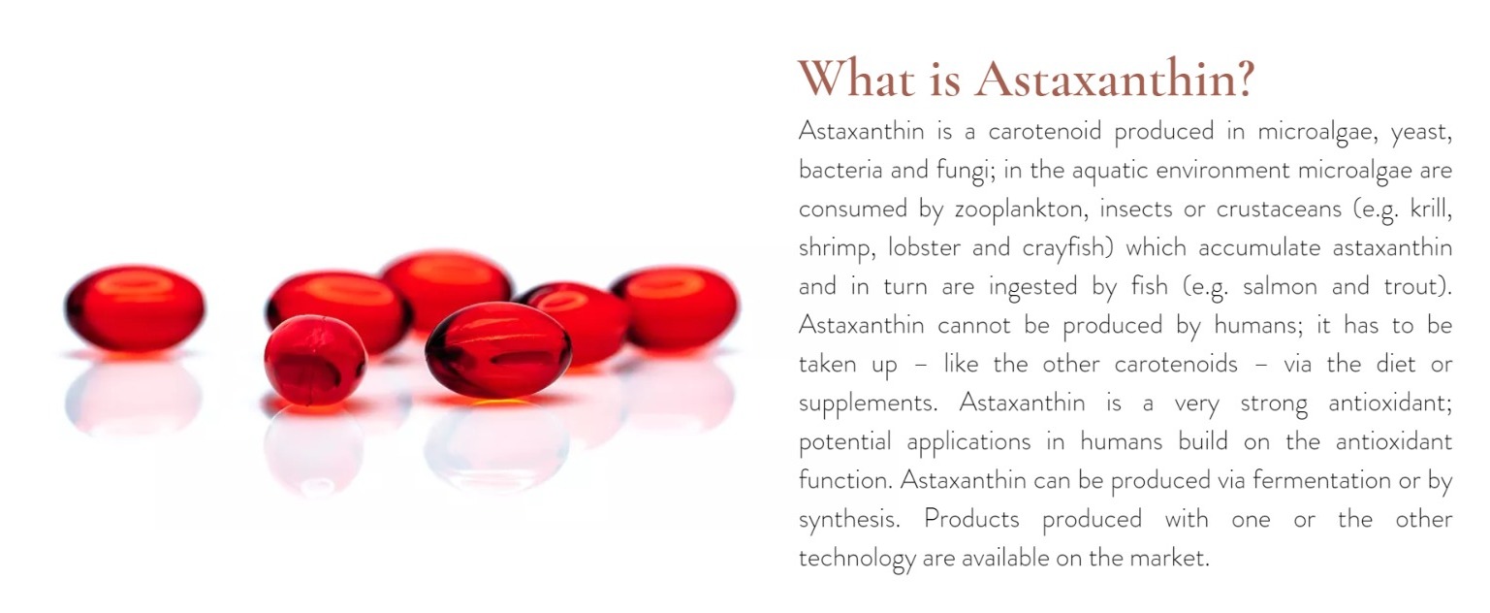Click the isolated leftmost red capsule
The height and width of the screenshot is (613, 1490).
point(135,308)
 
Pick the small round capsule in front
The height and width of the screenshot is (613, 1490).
point(315,360)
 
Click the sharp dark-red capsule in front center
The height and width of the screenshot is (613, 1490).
point(498,350)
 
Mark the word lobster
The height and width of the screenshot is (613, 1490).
point(924,247)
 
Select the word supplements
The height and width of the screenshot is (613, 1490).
point(868,404)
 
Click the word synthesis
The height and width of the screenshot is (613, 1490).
point(849,520)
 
